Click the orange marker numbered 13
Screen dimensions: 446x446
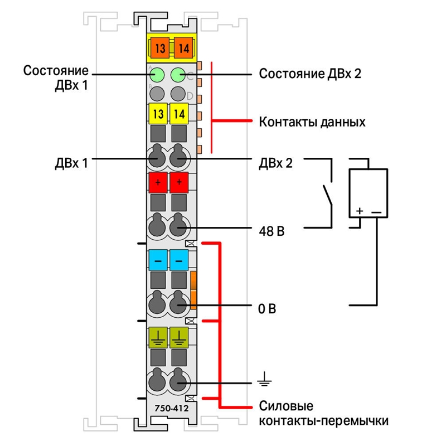coord(160,48)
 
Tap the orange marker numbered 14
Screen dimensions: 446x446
coord(183,48)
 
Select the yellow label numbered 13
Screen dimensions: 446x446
coord(158,114)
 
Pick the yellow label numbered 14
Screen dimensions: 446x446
coord(179,114)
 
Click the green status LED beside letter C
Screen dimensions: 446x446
coord(178,75)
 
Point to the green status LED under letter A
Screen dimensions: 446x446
coord(157,75)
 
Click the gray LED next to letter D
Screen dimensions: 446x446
coord(178,94)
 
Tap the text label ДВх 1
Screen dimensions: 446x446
coord(71,163)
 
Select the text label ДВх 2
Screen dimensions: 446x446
coord(275,163)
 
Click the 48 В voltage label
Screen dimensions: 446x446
coord(272,231)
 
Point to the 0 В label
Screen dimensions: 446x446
coord(267,309)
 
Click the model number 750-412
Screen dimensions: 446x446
coord(172,409)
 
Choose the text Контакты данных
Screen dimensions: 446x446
coord(312,122)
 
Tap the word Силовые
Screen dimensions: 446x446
coord(286,406)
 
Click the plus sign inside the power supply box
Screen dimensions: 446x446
coord(360,211)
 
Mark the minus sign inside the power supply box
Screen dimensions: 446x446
coord(376,212)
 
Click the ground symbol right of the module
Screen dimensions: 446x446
coord(264,379)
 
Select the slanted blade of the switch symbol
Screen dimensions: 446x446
coord(327,195)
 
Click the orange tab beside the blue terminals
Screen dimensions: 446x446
coord(193,290)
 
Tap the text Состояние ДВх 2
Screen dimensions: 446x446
coord(310,74)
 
